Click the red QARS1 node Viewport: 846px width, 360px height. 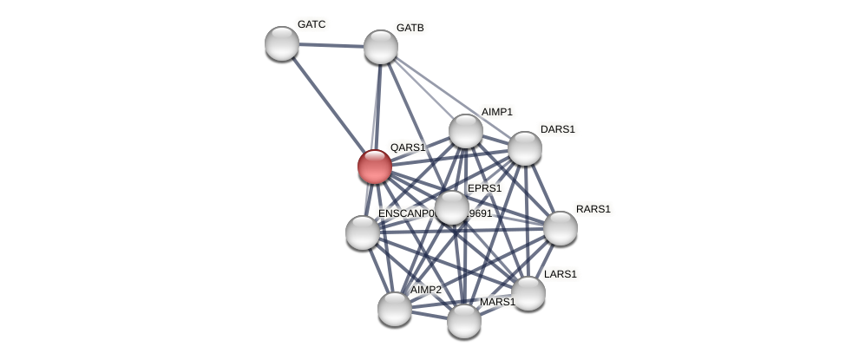(375, 167)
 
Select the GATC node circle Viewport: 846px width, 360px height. (282, 43)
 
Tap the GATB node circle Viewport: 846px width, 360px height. (381, 47)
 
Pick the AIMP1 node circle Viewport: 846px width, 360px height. (466, 131)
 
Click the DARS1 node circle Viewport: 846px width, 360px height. (525, 148)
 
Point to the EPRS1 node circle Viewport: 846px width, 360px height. (451, 207)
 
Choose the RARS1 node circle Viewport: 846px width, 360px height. (561, 228)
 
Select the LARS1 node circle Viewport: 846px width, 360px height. (528, 293)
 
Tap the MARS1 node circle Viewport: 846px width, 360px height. (464, 321)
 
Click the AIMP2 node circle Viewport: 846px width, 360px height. (395, 309)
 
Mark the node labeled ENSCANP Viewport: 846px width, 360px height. (363, 232)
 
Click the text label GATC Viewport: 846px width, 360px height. (312, 24)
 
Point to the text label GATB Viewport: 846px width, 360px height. (410, 28)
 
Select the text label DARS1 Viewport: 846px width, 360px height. (557, 129)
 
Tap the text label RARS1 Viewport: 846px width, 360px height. (594, 209)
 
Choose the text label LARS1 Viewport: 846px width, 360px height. (560, 274)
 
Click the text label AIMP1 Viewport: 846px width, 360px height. (497, 112)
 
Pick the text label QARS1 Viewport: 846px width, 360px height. (407, 147)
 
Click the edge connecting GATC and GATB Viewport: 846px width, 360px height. (331, 45)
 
